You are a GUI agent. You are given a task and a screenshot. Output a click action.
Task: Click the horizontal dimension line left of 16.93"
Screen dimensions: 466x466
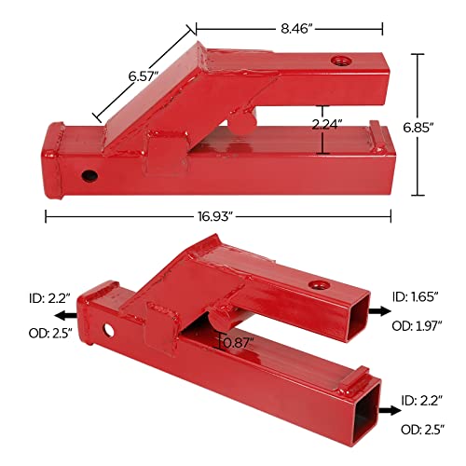click(x=112, y=216)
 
